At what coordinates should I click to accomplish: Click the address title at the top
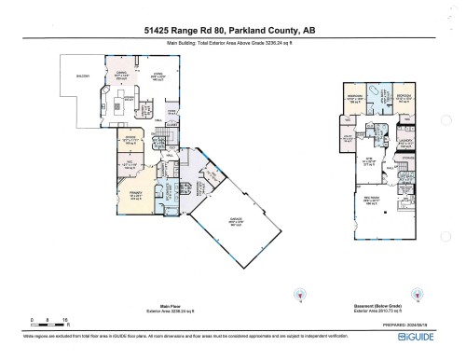(x=233, y=30)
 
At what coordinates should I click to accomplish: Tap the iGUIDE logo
(x=429, y=341)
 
